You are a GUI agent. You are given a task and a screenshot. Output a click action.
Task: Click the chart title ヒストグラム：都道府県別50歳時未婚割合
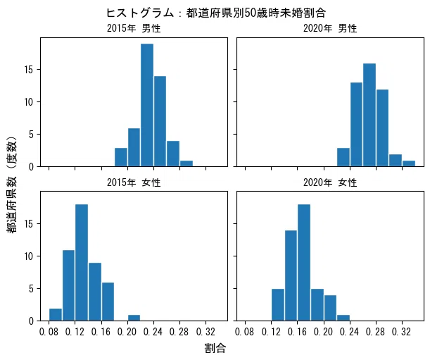[216, 13]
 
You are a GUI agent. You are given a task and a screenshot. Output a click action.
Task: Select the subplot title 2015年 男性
[134, 28]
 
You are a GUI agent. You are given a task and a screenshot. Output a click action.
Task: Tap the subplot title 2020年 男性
[330, 28]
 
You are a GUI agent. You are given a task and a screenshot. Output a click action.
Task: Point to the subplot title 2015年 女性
[134, 182]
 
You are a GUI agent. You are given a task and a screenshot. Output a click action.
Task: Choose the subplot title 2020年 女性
[330, 182]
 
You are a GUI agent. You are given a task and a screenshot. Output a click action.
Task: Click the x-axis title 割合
[215, 349]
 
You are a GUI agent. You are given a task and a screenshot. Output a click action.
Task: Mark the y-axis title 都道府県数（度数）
[12, 185]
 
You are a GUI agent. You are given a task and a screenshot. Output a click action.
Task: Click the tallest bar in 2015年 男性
[147, 105]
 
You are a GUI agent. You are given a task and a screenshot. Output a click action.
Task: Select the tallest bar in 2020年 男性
[369, 115]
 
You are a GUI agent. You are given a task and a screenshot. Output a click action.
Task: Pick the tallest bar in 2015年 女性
[82, 263]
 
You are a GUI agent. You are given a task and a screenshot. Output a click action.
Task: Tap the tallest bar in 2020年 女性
[304, 263]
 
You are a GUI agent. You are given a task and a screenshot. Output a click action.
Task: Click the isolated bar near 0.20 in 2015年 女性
[134, 318]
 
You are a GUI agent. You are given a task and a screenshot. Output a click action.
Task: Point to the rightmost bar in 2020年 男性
[409, 163]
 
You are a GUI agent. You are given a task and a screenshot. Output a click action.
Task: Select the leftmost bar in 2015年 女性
[56, 315]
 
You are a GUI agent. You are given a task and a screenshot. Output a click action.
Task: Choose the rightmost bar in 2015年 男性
[186, 163]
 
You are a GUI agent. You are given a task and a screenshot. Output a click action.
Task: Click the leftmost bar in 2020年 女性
[278, 305]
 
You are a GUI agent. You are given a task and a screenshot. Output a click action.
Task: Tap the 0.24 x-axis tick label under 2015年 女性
[153, 332]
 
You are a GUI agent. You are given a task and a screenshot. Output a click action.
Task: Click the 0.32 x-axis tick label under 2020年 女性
[401, 332]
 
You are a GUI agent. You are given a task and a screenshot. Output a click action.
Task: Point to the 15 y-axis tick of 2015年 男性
[29, 70]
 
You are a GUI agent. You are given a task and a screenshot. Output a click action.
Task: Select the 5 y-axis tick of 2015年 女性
[31, 289]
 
